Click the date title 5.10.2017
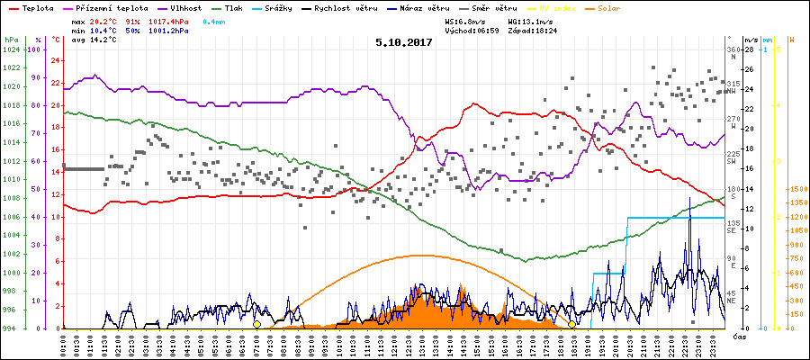(404, 41)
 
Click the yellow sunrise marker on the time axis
(256, 324)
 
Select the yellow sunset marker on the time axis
(571, 324)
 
